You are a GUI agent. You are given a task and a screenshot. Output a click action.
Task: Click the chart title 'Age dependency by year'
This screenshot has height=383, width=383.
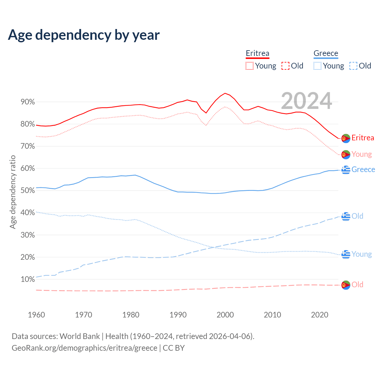coord(84,35)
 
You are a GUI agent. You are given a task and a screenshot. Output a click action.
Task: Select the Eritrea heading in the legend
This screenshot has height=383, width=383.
coord(257,53)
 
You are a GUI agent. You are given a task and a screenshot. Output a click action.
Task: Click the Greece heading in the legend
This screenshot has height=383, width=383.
coord(326,53)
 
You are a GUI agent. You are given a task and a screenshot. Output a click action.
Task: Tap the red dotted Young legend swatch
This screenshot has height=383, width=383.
coord(249,66)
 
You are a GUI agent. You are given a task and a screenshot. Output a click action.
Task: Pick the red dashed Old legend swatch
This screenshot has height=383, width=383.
coord(285,66)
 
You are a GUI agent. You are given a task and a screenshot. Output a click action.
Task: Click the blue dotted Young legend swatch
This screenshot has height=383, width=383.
coord(317,66)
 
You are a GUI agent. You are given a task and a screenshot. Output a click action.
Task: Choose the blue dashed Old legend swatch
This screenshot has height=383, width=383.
coord(353,66)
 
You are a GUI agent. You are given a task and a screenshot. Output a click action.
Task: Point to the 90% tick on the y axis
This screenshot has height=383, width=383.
coord(28,102)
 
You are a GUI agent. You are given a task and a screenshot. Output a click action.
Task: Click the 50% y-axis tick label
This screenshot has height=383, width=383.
coord(28,191)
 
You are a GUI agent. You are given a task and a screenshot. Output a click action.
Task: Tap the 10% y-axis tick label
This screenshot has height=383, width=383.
coord(28,279)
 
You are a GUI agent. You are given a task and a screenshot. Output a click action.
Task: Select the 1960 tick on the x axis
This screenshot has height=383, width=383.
coord(36,315)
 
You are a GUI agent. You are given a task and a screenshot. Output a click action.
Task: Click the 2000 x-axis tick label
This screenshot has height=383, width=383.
coord(225,315)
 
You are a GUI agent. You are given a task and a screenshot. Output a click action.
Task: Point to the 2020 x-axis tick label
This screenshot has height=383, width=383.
coord(320,315)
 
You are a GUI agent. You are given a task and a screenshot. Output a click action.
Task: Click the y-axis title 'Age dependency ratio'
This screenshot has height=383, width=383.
coord(13,192)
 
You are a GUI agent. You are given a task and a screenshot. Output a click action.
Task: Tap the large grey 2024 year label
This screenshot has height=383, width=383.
coord(306,101)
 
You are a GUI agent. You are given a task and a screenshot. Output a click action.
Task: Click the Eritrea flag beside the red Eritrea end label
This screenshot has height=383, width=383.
coord(346,139)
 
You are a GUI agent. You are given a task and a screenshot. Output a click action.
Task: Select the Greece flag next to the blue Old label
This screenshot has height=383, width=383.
coord(346,216)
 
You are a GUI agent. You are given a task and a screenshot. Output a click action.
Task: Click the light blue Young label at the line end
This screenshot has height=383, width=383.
coord(361,254)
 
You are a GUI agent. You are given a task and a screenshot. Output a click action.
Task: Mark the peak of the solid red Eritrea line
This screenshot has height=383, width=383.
coord(225,93)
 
